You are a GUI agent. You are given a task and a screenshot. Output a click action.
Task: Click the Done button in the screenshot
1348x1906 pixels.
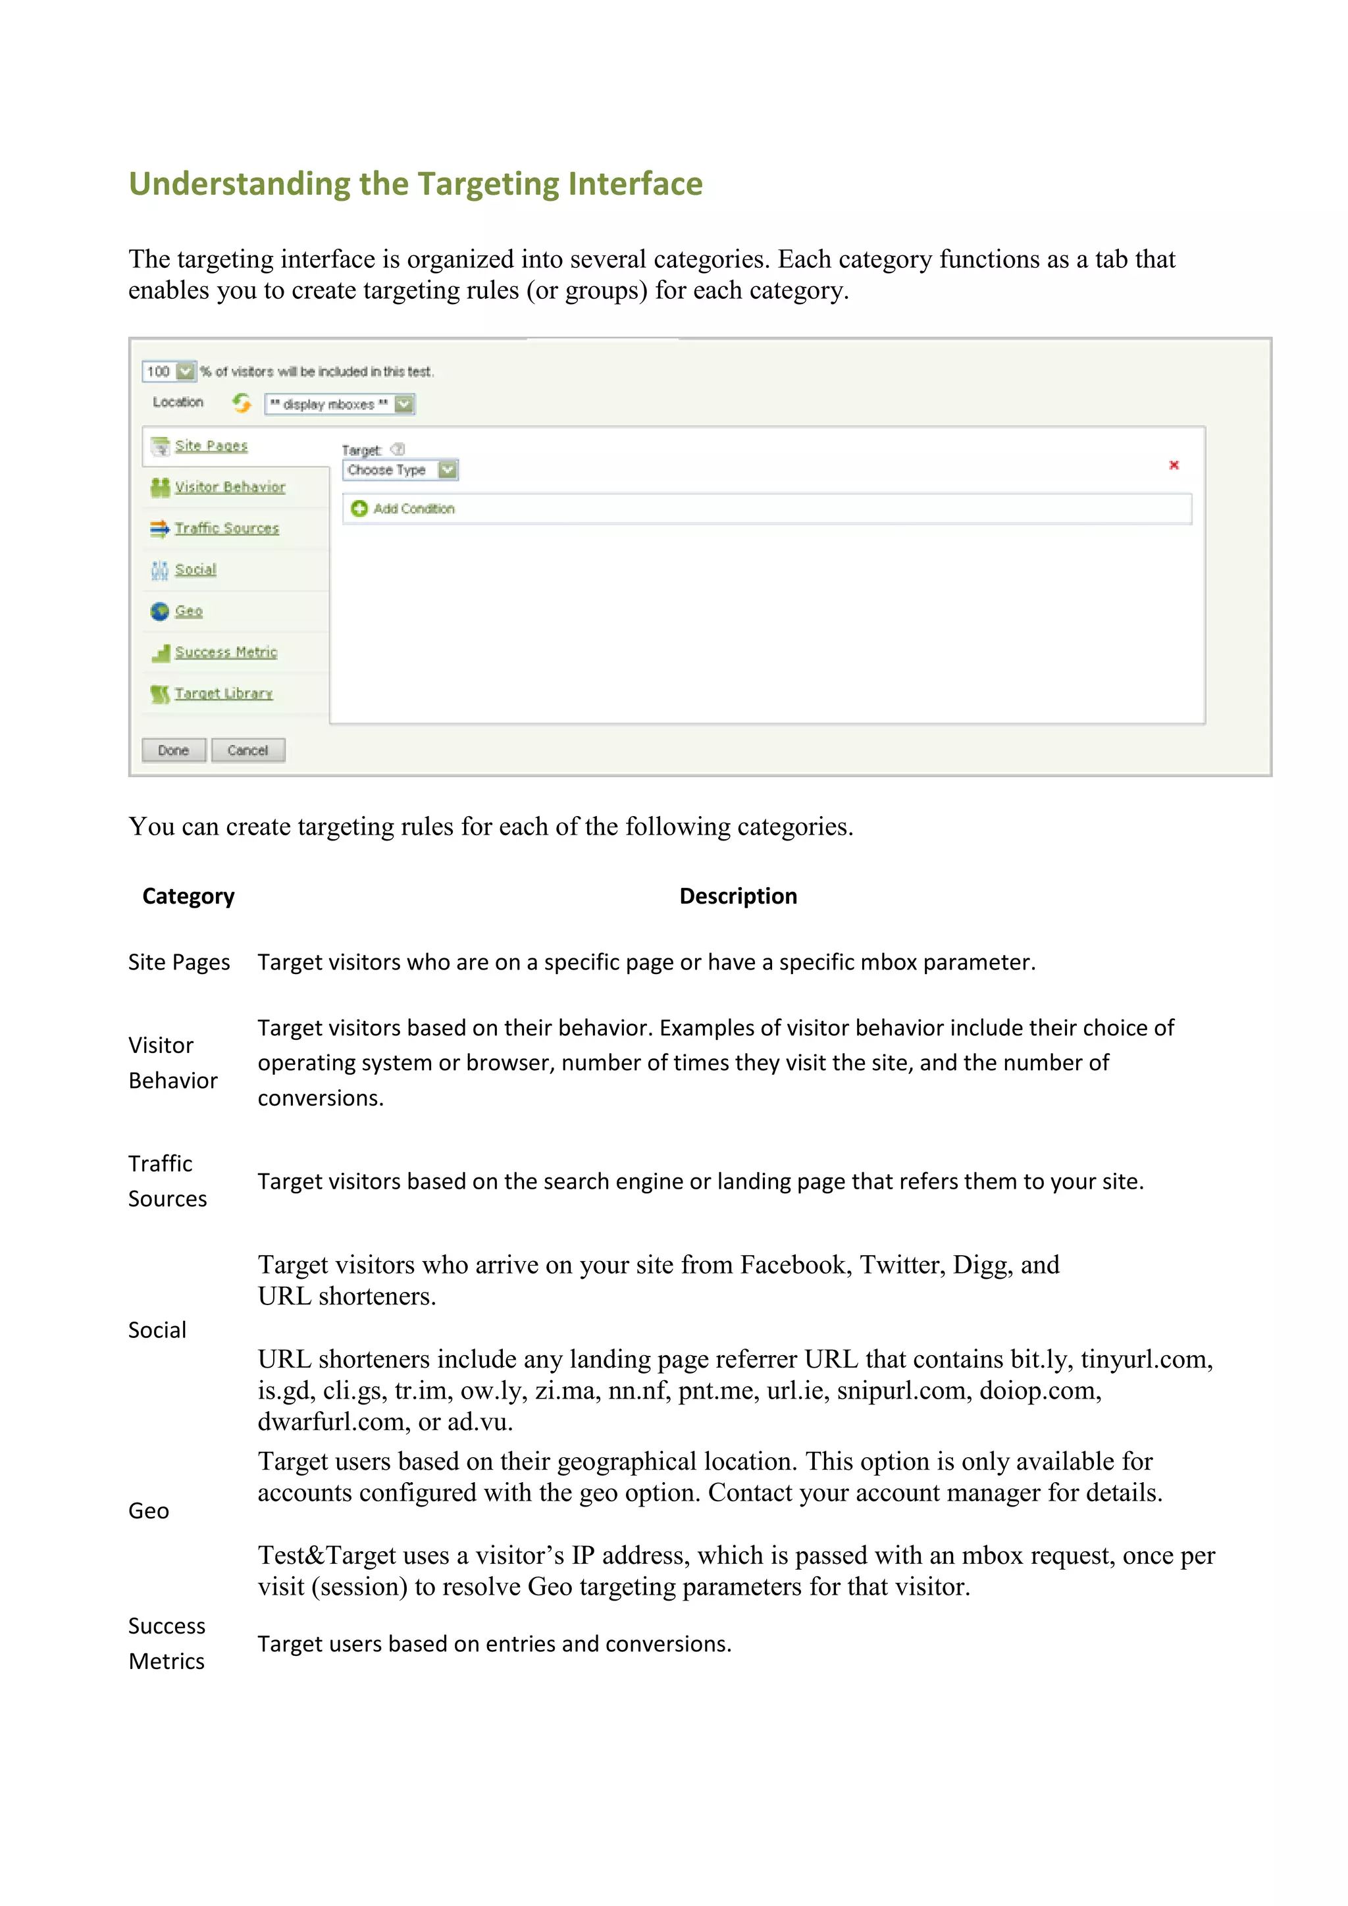(174, 750)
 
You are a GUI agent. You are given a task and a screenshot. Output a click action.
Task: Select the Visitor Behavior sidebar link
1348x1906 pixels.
(230, 487)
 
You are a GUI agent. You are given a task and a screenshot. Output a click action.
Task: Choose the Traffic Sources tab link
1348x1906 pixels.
(226, 528)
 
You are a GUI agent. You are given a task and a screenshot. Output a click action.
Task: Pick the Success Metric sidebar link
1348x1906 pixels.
(226, 652)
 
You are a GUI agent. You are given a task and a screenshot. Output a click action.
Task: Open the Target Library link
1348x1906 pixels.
(223, 693)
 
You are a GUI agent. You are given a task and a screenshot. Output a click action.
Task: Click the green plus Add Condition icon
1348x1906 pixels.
(359, 508)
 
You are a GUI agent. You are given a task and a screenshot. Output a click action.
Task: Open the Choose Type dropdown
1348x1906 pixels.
(401, 470)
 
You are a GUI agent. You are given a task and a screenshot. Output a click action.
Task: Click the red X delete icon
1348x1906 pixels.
(1174, 465)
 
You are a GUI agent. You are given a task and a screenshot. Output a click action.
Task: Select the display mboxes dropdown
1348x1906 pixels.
(340, 404)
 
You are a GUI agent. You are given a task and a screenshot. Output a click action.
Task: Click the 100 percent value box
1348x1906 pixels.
(159, 371)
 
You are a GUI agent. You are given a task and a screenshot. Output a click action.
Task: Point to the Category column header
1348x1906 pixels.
(188, 896)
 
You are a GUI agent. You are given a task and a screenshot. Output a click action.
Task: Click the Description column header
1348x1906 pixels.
(738, 896)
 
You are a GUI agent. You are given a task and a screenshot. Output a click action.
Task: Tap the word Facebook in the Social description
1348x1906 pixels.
(795, 1264)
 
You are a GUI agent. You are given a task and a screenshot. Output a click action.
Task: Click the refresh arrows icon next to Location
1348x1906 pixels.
(242, 403)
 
